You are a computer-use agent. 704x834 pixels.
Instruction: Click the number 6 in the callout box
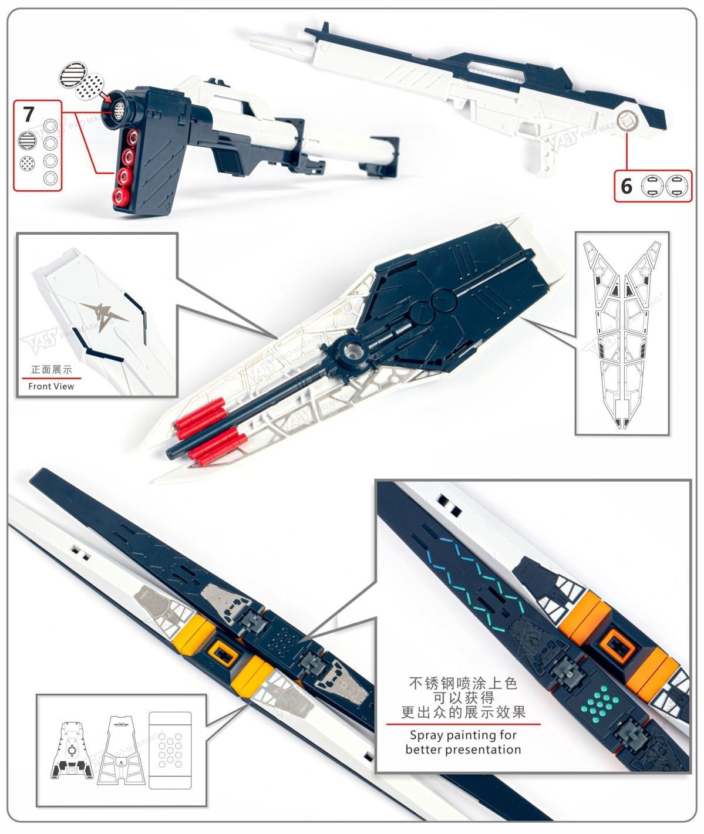point(626,186)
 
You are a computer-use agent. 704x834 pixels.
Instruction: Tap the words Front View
point(51,386)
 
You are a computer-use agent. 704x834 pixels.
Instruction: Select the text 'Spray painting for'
point(463,735)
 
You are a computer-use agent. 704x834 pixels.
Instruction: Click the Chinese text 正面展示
point(51,370)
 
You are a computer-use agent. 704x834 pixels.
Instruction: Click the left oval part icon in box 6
point(651,186)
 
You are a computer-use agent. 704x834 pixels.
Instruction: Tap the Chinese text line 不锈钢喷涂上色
point(463,684)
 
